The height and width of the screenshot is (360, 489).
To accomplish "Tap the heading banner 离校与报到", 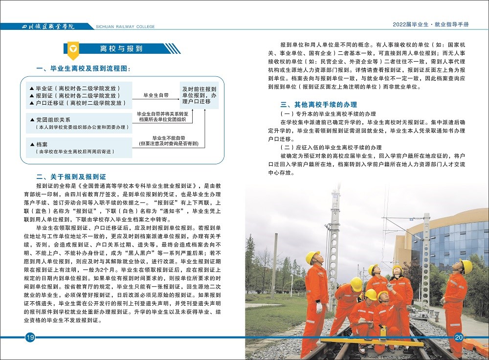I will [x=121, y=48].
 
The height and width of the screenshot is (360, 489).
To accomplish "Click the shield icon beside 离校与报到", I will [x=72, y=48].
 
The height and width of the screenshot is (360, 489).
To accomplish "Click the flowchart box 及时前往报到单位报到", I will [x=199, y=95].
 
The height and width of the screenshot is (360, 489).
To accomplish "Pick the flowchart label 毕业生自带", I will [x=156, y=95].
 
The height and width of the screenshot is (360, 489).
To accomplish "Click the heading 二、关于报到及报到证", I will [x=71, y=177].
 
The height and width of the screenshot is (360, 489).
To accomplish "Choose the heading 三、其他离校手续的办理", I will [x=318, y=104].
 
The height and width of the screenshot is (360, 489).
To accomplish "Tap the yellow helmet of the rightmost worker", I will [x=466, y=266].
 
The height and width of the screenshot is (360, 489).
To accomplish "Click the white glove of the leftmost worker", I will [x=319, y=308].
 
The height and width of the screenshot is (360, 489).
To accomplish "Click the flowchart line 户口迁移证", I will [x=81, y=103].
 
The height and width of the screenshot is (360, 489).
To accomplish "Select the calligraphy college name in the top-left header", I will [x=49, y=26].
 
